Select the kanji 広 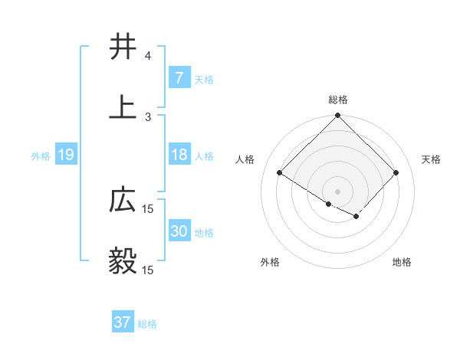tap(123, 201)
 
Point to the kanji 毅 tap(123, 261)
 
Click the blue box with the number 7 tap(179, 78)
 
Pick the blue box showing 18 tap(179, 155)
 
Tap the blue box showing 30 tap(179, 232)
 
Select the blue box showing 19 tap(65, 155)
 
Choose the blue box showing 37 tap(122, 322)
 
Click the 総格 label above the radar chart tap(337, 100)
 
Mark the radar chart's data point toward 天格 tap(396, 172)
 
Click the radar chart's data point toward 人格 tap(280, 172)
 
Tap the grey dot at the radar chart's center tap(337, 191)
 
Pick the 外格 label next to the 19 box tap(41, 156)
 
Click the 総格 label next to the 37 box tap(147, 324)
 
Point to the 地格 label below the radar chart tap(402, 263)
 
